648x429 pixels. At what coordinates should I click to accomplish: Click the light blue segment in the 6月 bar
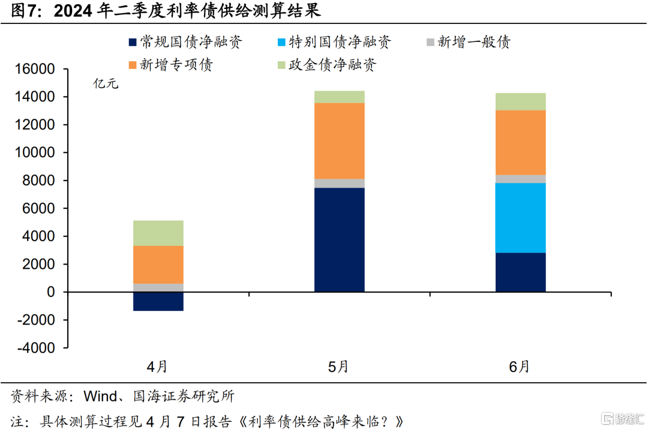coord(520,218)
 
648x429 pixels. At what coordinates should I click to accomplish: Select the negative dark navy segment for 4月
coord(158,301)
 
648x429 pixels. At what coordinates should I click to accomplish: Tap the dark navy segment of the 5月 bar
coord(340,240)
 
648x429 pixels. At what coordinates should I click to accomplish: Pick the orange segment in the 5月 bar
coord(340,141)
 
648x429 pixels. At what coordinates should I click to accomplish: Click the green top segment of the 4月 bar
coord(158,233)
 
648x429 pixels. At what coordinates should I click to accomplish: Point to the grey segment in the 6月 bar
coord(520,179)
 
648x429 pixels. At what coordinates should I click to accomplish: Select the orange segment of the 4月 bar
coord(158,265)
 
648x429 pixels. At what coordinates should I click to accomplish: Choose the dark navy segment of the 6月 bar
coord(520,272)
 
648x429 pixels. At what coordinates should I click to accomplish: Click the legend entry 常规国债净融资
coord(191,42)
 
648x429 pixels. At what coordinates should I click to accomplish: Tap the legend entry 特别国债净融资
coord(340,42)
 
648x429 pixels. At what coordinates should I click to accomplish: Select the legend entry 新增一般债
coord(474,42)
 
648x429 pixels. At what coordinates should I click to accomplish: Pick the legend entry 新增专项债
coord(176,65)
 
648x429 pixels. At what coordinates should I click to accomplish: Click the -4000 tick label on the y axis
coord(38,348)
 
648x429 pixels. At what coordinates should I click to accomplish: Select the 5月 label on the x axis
coord(339,367)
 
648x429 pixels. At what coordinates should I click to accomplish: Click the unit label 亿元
coord(106,84)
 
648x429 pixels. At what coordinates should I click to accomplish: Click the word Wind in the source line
coord(100,397)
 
